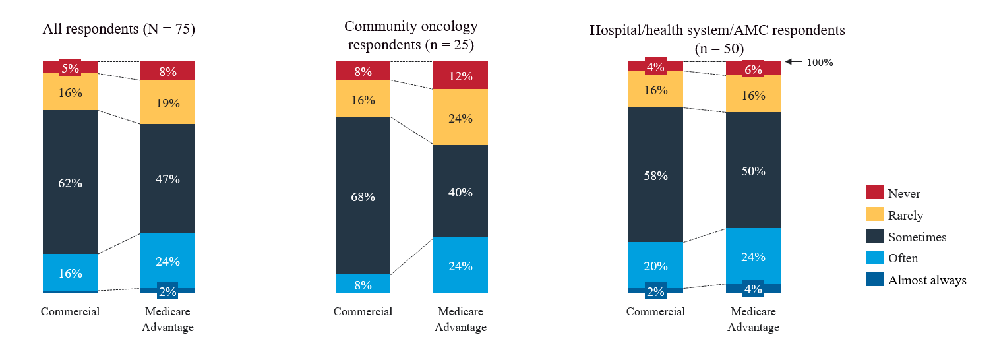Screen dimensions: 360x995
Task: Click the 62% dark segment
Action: pyautogui.click(x=70, y=182)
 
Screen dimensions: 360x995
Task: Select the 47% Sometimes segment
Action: pyautogui.click(x=167, y=178)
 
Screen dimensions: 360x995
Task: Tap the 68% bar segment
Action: pyautogui.click(x=363, y=196)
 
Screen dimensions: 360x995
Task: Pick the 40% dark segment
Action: pyautogui.click(x=460, y=191)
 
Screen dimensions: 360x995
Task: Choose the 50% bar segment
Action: pyautogui.click(x=753, y=170)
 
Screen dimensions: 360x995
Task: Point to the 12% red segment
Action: pyautogui.click(x=460, y=75)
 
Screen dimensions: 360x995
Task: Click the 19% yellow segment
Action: pyautogui.click(x=167, y=102)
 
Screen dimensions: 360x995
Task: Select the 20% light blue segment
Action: pyautogui.click(x=655, y=265)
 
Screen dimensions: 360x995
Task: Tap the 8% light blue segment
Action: pyautogui.click(x=363, y=284)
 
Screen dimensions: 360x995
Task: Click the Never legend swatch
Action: pyautogui.click(x=874, y=193)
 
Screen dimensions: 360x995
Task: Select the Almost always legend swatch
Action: pyautogui.click(x=874, y=280)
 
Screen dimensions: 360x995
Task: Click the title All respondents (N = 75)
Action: pyautogui.click(x=119, y=29)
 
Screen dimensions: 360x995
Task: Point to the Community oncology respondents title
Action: pyautogui.click(x=411, y=36)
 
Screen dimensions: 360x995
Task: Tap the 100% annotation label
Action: pyautogui.click(x=820, y=63)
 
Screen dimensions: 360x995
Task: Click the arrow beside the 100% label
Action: pyautogui.click(x=794, y=63)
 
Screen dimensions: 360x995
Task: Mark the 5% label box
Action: pyautogui.click(x=70, y=67)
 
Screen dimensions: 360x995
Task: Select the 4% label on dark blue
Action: pyautogui.click(x=753, y=288)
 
